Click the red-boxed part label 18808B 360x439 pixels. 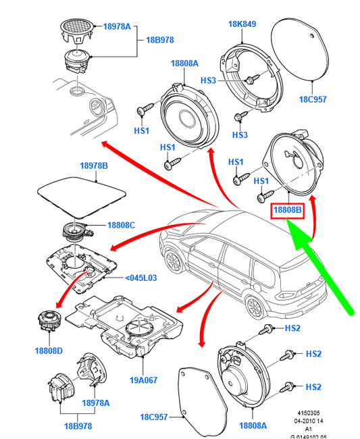coord(287,210)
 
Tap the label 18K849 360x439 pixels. coord(242,24)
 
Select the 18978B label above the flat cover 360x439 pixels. coord(94,165)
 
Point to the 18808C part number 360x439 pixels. coord(121,225)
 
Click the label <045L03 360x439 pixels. coord(140,278)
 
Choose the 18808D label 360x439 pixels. coord(49,351)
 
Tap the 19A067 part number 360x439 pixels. coord(144,380)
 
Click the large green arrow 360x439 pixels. coord(319,267)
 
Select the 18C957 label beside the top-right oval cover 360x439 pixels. coord(313,99)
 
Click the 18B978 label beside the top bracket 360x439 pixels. coord(160,40)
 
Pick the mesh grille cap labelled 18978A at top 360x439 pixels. coord(76,30)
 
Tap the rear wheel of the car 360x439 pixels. coord(255,308)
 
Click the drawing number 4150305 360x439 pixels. coord(309,413)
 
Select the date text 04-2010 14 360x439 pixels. coord(309,421)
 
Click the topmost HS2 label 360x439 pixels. coord(292,328)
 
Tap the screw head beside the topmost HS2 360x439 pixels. coord(269,328)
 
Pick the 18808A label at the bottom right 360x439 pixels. coord(253,425)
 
